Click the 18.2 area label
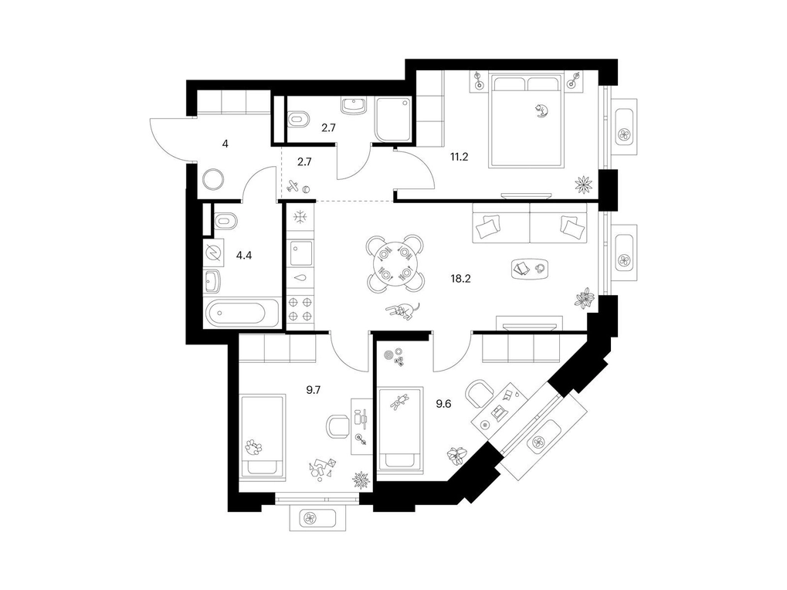pyautogui.click(x=460, y=279)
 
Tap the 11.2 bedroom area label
pyautogui.click(x=459, y=157)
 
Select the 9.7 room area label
pyautogui.click(x=314, y=390)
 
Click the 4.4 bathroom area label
pyautogui.click(x=244, y=256)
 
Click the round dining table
pyautogui.click(x=395, y=263)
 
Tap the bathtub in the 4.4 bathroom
pyautogui.click(x=242, y=313)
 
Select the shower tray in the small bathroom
pyautogui.click(x=394, y=120)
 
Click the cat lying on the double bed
pyautogui.click(x=541, y=111)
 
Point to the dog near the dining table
pyautogui.click(x=402, y=311)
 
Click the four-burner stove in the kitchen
pyautogui.click(x=300, y=309)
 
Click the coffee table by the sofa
pyautogui.click(x=530, y=269)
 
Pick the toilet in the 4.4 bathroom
pyautogui.click(x=225, y=221)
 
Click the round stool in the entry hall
pyautogui.click(x=213, y=179)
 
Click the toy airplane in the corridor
pyautogui.click(x=293, y=186)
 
